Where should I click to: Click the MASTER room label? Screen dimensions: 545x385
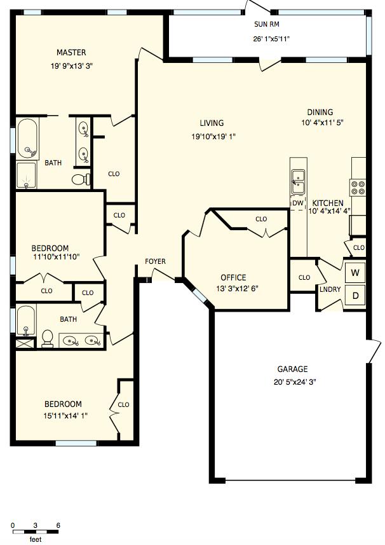point(71,53)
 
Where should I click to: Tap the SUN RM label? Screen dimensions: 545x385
point(266,25)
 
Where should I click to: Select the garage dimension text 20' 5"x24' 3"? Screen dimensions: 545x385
point(292,382)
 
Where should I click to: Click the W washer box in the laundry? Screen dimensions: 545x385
point(356,273)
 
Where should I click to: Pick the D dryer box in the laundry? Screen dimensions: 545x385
point(356,296)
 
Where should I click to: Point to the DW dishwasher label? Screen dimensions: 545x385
point(297,204)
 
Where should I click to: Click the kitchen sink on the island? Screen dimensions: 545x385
point(297,181)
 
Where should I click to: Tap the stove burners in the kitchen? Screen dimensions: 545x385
point(358,187)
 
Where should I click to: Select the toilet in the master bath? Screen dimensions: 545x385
point(79,179)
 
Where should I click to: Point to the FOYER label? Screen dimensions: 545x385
point(156,261)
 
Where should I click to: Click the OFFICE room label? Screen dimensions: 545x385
point(233,277)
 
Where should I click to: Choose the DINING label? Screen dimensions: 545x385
point(320,113)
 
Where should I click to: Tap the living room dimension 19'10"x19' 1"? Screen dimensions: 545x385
point(213,136)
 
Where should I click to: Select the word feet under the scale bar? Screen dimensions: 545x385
point(36,539)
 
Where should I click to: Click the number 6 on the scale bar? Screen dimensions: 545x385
point(58,525)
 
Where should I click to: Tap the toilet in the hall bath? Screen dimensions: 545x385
point(47,337)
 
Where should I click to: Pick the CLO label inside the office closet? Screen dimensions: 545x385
point(261,219)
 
